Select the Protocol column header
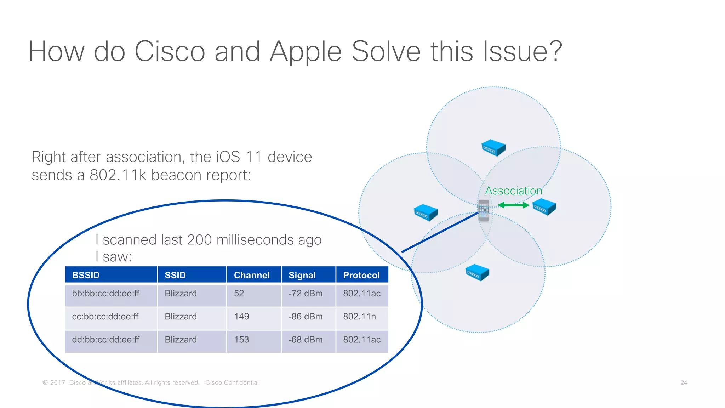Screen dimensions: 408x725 click(361, 275)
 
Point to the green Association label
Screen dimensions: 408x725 click(513, 191)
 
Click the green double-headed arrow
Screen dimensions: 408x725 click(513, 205)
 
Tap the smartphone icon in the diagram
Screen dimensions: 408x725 click(484, 210)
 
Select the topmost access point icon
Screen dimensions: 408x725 click(493, 148)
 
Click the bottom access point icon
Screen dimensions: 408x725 click(477, 273)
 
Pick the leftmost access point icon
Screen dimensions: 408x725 click(426, 212)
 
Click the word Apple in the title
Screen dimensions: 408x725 click(306, 52)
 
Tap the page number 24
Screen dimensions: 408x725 click(684, 383)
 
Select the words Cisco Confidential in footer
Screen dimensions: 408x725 click(232, 383)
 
